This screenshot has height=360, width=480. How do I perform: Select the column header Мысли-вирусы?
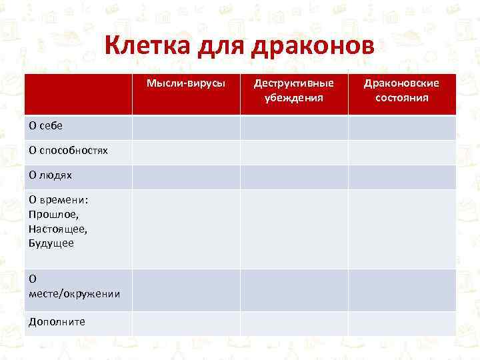pos(186,83)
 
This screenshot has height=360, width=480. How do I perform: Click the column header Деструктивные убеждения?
pos(293,90)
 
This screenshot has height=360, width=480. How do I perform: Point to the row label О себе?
pos(45,126)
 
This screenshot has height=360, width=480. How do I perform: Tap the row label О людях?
pos(50,175)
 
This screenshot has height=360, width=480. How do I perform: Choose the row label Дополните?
pos(57,321)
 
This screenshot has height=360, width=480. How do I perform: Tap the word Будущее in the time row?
pos(51,243)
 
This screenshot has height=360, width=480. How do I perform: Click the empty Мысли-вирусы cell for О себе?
pos(186,127)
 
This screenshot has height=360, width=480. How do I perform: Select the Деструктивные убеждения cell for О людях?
pos(293,177)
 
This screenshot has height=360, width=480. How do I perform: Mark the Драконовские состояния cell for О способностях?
pos(401,152)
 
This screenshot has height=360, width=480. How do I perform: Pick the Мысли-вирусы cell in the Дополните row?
pos(186,323)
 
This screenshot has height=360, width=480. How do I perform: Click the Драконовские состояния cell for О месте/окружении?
pos(401,289)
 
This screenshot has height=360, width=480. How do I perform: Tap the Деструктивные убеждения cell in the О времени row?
pos(293,229)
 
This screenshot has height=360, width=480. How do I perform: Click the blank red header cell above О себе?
pos(78,93)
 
